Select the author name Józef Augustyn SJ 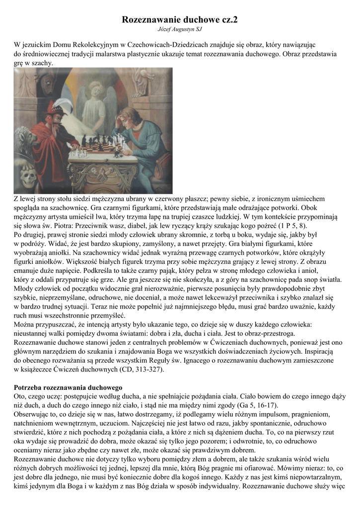coord(180,30)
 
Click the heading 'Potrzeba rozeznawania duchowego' coord(68,386)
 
